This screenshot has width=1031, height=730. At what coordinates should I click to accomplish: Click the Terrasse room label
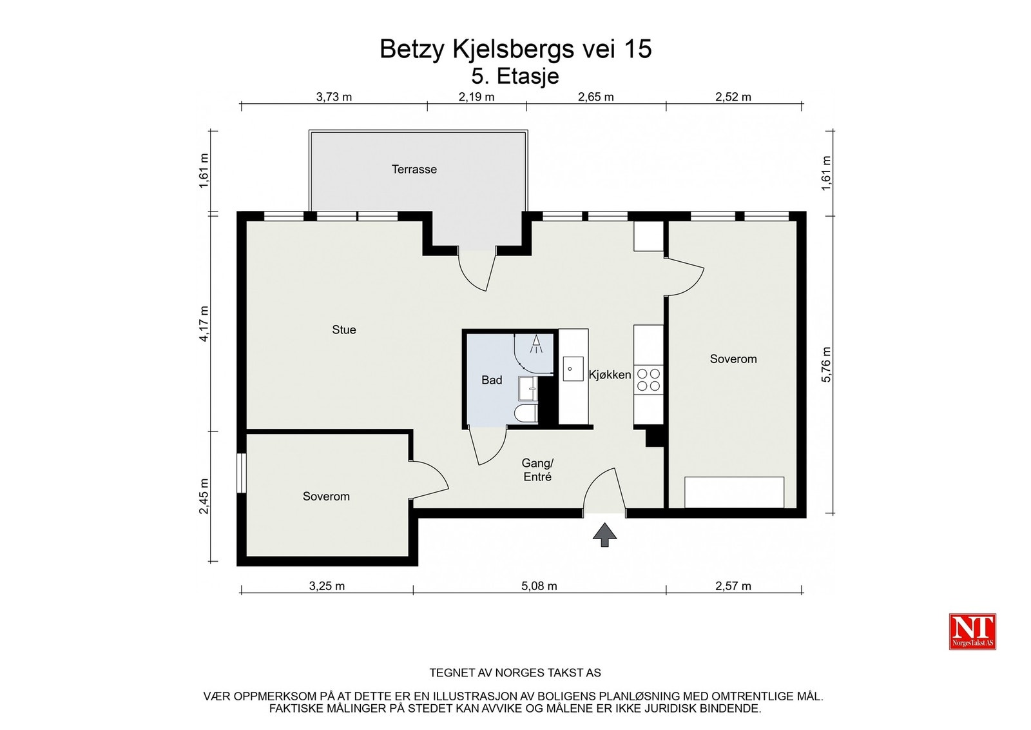pos(414,170)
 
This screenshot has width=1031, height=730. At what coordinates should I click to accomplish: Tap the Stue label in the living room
pos(343,330)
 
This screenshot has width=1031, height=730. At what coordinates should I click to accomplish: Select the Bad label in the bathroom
pos(491,380)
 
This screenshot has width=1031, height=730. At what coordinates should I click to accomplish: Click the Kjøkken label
pos(610,375)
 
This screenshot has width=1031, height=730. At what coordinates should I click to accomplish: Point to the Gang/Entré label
pos(537,470)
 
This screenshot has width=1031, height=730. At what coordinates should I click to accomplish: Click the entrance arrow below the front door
pos(604,535)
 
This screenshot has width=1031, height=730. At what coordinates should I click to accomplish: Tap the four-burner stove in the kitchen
pos(648,380)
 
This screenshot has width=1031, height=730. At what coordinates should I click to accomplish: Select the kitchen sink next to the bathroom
pos(573,369)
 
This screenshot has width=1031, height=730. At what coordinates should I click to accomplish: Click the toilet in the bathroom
pos(526,413)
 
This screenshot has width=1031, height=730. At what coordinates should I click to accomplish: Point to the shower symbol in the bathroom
pos(536,344)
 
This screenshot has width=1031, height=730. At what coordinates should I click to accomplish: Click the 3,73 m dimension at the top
pos(334,97)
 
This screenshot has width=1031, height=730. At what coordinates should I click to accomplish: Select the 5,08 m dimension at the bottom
pos(539,586)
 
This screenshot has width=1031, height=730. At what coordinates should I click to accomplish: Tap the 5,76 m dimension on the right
pos(827,364)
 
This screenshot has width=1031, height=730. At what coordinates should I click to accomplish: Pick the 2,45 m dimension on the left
pos(204,496)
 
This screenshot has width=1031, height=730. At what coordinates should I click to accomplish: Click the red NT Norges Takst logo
pos(972,631)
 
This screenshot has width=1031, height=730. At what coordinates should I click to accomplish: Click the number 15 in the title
pos(637,49)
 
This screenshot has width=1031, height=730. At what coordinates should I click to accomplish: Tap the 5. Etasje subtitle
pos(515,76)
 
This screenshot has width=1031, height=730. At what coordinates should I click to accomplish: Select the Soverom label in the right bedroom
pos(733,359)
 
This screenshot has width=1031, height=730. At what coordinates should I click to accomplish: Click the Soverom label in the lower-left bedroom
pos(326,497)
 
